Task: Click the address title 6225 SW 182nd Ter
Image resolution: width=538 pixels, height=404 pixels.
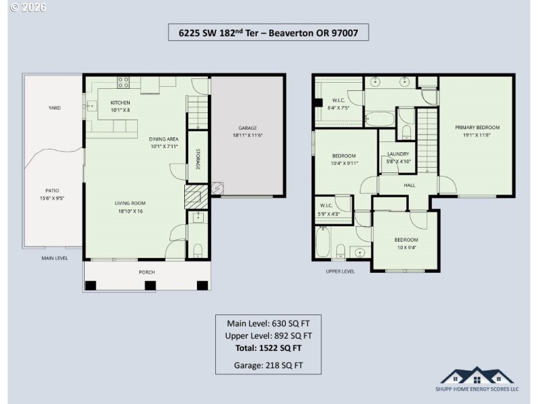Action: pos(268,32)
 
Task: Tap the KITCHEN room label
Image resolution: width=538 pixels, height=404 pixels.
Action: pos(120,102)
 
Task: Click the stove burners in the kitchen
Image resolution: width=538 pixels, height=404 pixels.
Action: pos(124,83)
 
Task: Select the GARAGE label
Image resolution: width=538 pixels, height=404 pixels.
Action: pos(247,128)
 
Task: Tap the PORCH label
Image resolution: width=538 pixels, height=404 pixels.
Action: pos(147,272)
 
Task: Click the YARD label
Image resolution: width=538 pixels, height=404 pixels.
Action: pos(54,108)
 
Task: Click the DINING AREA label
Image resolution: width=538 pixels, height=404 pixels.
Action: pos(163,139)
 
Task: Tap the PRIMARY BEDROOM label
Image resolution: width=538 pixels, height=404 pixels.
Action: pos(477,127)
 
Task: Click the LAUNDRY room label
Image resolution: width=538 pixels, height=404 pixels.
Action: pos(398,154)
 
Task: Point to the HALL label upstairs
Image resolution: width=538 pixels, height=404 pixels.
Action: pos(410,185)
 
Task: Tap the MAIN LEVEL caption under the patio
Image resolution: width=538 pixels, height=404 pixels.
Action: pos(54,258)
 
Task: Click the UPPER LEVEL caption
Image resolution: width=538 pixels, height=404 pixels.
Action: pos(340,271)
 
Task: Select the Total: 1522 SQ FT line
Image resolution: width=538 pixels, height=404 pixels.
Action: pos(268,348)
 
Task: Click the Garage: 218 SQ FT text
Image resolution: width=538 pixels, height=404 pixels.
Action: pos(268,366)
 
